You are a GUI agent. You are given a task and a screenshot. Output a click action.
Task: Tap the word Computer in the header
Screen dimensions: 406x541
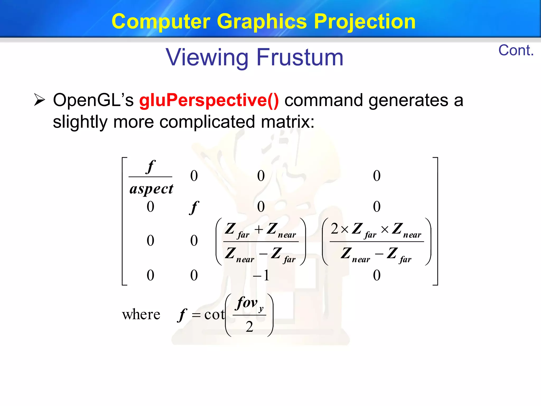click(x=161, y=22)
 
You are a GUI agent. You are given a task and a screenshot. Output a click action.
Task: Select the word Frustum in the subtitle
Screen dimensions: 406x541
click(x=300, y=57)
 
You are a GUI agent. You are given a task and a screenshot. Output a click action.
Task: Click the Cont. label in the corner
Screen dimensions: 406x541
click(x=516, y=50)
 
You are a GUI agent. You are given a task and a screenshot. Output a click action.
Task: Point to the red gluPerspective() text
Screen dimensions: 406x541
click(x=209, y=100)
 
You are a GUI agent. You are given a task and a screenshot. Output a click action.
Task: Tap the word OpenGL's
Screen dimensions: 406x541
click(x=93, y=100)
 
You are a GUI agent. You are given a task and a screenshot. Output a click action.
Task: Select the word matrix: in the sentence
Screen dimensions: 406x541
click(x=288, y=122)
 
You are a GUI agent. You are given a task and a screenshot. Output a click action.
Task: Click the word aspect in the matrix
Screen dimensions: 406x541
click(x=151, y=189)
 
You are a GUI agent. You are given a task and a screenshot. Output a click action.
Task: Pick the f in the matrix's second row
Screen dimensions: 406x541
click(x=194, y=207)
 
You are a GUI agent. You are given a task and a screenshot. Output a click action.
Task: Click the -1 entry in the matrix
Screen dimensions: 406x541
click(x=261, y=275)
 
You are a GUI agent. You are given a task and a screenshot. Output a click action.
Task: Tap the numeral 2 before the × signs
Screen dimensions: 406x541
click(x=334, y=229)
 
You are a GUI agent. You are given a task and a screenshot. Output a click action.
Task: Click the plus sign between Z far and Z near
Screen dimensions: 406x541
click(x=259, y=229)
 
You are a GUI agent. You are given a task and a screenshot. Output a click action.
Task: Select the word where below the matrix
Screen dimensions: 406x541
click(x=141, y=315)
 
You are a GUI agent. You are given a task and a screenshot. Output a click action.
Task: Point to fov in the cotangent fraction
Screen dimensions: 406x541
click(x=247, y=302)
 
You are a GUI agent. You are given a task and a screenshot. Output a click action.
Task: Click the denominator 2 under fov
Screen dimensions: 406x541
click(x=249, y=327)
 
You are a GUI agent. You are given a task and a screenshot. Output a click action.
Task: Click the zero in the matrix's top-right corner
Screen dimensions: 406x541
click(x=377, y=176)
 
